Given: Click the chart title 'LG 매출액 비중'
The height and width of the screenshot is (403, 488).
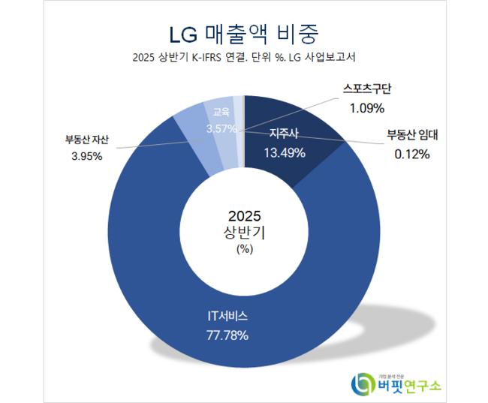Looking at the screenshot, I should point(243,32).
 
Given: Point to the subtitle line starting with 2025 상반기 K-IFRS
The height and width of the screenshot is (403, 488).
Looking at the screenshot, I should point(243,57).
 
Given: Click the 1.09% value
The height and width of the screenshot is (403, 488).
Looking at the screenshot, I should point(368,109).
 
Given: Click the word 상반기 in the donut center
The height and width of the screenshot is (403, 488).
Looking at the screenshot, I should point(245,232).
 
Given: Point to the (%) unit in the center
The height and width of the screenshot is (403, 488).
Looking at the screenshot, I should point(245,248).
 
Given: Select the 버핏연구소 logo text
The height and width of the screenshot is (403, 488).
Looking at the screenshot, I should point(410,386).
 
